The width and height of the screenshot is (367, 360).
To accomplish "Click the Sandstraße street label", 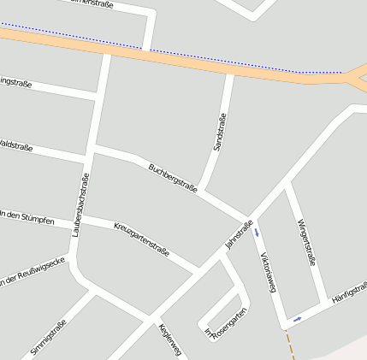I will pyautogui.click(x=219, y=133).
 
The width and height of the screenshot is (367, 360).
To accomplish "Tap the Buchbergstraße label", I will pyautogui.click(x=173, y=177).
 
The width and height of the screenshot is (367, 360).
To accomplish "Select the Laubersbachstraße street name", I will pyautogui.click(x=82, y=205).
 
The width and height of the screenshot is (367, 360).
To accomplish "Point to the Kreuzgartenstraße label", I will pyautogui.click(x=141, y=238).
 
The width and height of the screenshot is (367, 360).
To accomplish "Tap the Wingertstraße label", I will pyautogui.click(x=306, y=242).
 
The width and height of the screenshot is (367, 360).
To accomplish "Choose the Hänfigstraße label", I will pyautogui.click(x=349, y=293).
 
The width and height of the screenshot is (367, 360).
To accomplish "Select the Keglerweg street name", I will pyautogui.click(x=171, y=339).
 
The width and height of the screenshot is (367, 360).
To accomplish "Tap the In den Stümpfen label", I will pyautogui.click(x=27, y=217).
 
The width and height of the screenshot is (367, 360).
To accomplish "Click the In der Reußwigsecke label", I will pyautogui.click(x=33, y=272).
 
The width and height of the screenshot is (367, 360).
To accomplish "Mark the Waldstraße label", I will pyautogui.click(x=15, y=145).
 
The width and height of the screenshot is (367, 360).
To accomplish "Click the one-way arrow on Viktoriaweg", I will pyautogui.click(x=257, y=232).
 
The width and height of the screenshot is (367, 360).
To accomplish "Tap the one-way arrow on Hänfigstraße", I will pyautogui.click(x=297, y=319).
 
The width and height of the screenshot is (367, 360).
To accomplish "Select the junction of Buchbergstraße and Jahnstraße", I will pyautogui.click(x=248, y=219).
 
